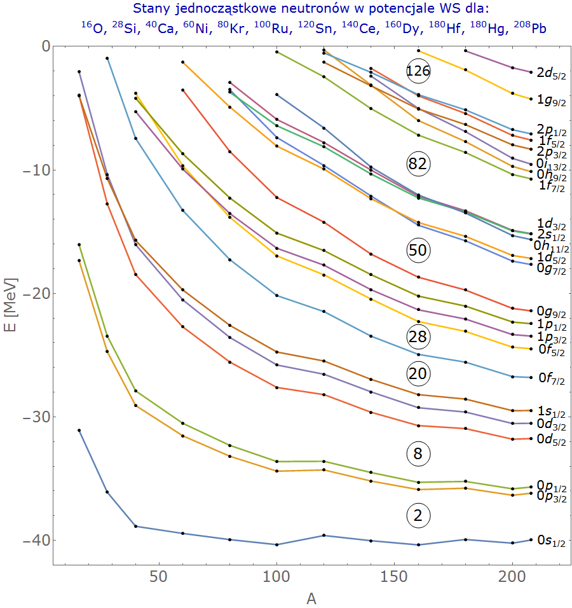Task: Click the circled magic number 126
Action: point(418,71)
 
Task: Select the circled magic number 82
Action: point(418,164)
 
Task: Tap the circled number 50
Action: point(418,251)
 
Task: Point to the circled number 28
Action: point(418,336)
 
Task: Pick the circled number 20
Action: point(418,374)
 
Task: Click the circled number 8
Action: point(418,454)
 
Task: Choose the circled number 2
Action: point(418,516)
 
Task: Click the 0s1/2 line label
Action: point(551,541)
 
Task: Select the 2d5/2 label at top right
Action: point(551,73)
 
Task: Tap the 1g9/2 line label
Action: point(551,100)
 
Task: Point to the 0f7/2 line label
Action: point(551,379)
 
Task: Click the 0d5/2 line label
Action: point(551,439)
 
